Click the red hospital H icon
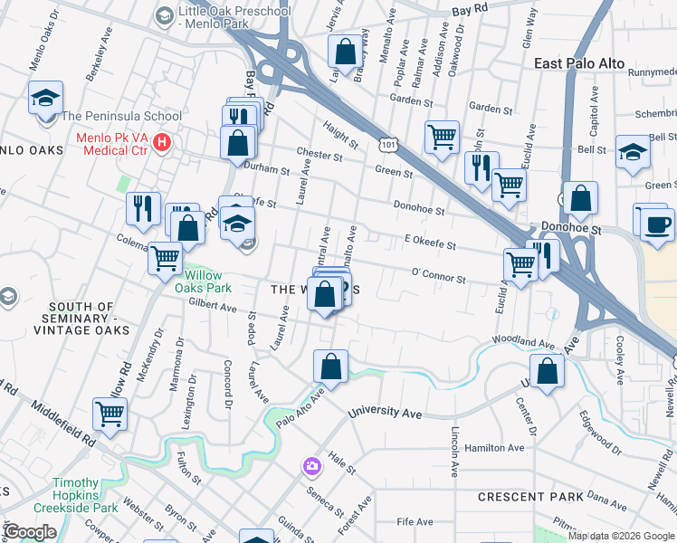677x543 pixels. (x=162, y=141)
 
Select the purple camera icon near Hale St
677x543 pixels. (x=311, y=466)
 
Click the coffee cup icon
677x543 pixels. (x=657, y=223)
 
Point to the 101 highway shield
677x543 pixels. (x=387, y=145)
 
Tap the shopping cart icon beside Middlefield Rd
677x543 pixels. (x=110, y=414)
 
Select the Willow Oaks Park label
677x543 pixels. (x=207, y=281)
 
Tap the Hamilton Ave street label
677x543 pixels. (x=493, y=447)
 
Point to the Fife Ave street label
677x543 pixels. (x=416, y=521)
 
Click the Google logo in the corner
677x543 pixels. (x=30, y=532)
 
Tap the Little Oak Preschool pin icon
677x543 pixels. (x=164, y=14)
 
